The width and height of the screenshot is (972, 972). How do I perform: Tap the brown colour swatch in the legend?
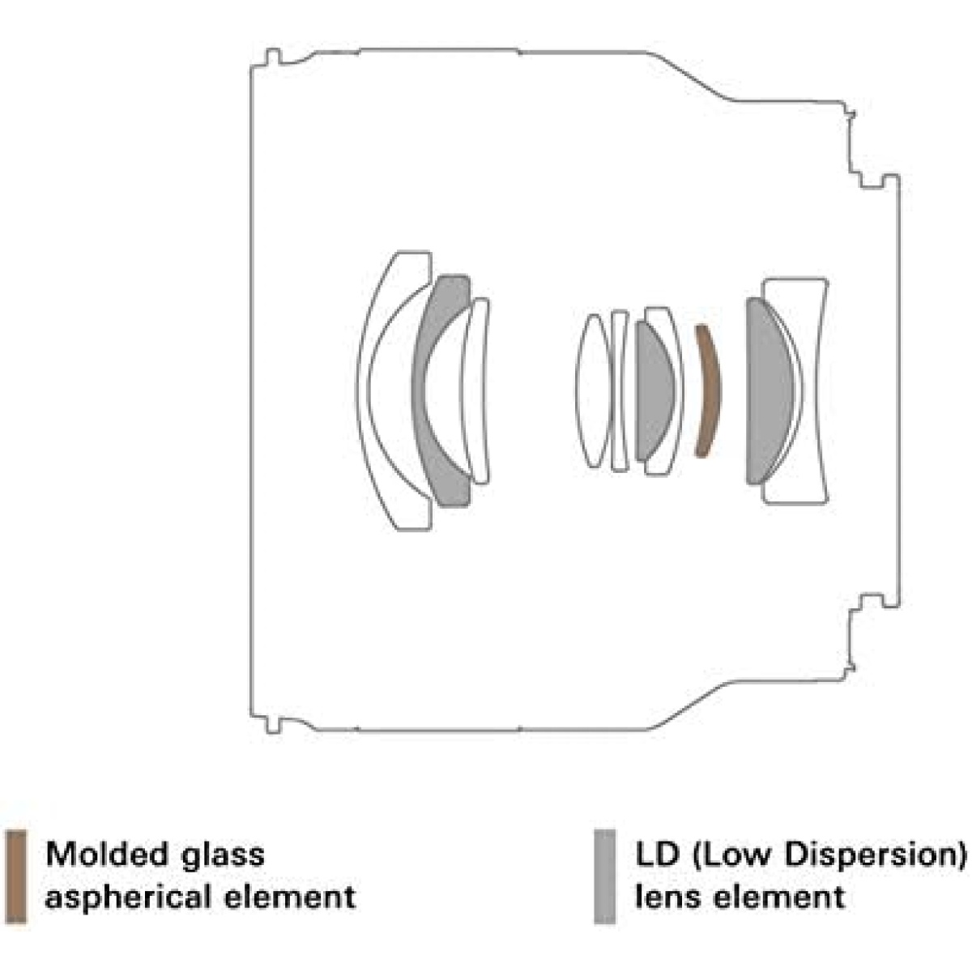16,877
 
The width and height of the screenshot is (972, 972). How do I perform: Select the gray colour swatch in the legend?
605,877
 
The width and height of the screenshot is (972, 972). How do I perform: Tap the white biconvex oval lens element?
595,390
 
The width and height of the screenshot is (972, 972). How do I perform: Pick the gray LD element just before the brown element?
654,391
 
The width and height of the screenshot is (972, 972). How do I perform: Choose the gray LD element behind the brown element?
769,391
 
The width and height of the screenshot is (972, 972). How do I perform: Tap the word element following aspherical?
290,897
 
